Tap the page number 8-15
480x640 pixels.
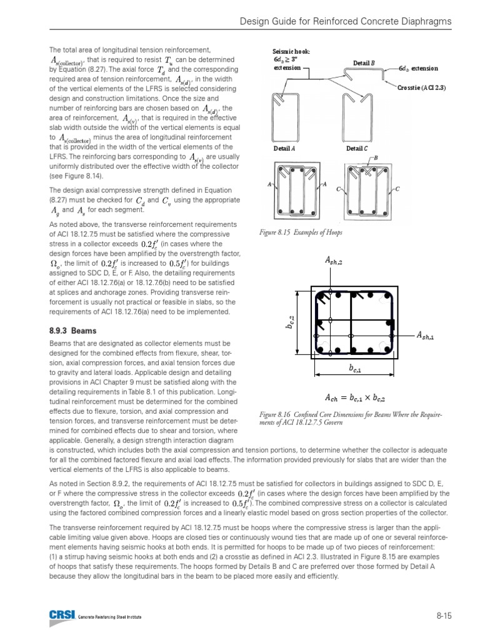click(x=444, y=616)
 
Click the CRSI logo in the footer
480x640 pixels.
click(x=61, y=616)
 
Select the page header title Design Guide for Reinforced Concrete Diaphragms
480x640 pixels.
click(x=346, y=23)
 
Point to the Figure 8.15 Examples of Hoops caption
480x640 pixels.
click(x=301, y=232)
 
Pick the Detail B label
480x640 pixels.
click(x=364, y=62)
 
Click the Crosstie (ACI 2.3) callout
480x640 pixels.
click(x=421, y=87)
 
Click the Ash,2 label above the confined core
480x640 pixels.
click(x=334, y=260)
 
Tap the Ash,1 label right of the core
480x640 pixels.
click(x=426, y=336)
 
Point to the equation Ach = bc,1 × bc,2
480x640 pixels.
click(x=354, y=396)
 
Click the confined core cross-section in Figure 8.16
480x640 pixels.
click(x=354, y=323)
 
